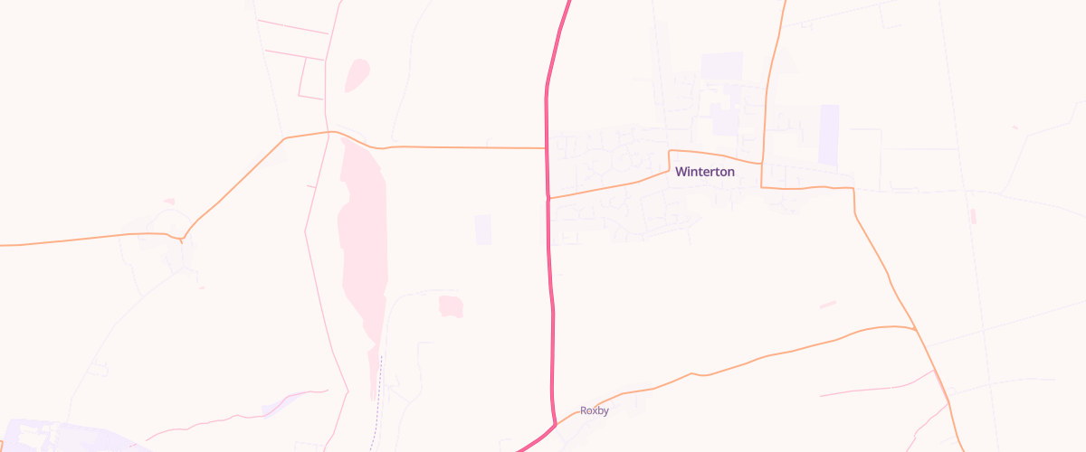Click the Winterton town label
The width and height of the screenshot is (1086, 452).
[705, 172]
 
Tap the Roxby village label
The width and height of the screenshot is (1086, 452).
[595, 410]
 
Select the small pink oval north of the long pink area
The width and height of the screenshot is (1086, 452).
[357, 75]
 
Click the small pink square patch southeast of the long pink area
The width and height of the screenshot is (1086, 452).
[451, 306]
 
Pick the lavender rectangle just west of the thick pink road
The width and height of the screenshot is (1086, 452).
[483, 229]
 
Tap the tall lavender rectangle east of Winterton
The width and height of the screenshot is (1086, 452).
[828, 135]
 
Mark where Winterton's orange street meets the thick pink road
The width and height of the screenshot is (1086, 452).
[548, 196]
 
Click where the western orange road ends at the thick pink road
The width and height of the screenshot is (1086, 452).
[546, 147]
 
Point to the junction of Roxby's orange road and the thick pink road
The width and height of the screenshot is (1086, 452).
[554, 422]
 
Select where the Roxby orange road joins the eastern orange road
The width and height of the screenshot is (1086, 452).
[915, 328]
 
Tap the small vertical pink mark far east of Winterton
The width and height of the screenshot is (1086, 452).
[973, 216]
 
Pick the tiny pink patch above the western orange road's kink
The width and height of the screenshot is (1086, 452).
[168, 202]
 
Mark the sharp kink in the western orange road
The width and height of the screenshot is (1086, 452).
[182, 240]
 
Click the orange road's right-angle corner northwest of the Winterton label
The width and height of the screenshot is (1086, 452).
[670, 151]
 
